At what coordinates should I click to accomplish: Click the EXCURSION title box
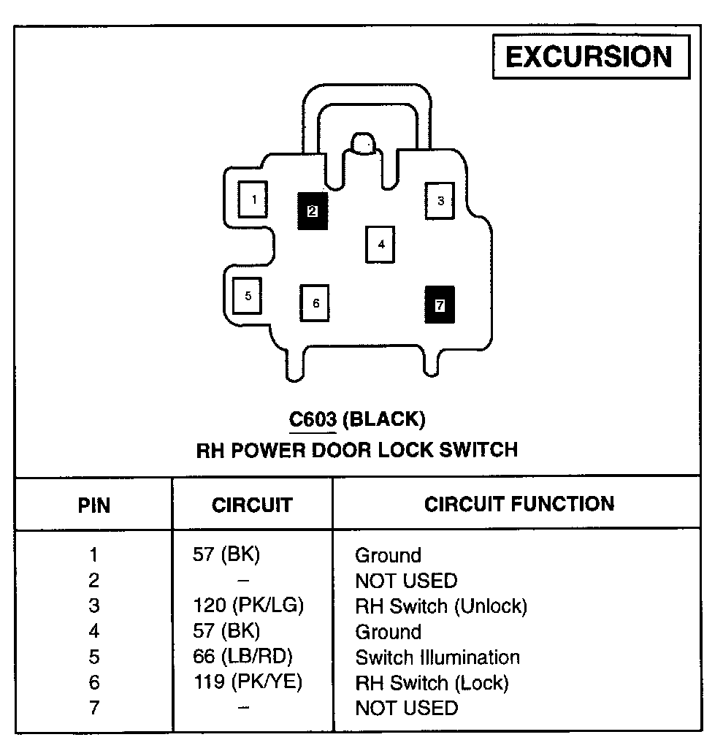click(x=590, y=56)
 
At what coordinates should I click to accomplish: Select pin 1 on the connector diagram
click(x=253, y=199)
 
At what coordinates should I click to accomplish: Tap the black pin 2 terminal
click(x=312, y=211)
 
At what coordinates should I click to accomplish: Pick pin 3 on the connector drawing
click(x=440, y=200)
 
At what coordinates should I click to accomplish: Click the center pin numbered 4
click(x=380, y=244)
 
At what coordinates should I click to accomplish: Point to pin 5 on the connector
click(x=248, y=296)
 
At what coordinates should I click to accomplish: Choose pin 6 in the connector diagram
click(x=315, y=302)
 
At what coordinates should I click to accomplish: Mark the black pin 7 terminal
click(x=440, y=305)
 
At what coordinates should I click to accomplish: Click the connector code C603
click(x=313, y=419)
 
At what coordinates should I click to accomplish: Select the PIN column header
click(x=93, y=505)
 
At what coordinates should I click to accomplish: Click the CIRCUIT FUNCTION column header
click(x=519, y=503)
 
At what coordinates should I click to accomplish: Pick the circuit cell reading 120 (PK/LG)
click(x=248, y=606)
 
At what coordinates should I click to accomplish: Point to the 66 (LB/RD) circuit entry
click(x=243, y=657)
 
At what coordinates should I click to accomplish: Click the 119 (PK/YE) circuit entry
click(x=248, y=682)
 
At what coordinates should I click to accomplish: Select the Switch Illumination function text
click(x=437, y=657)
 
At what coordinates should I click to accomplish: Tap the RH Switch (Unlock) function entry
click(x=440, y=606)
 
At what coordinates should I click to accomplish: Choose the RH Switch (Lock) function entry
click(x=431, y=683)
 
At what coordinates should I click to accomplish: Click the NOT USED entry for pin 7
click(x=406, y=708)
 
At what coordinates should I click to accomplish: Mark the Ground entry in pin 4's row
click(x=388, y=632)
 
